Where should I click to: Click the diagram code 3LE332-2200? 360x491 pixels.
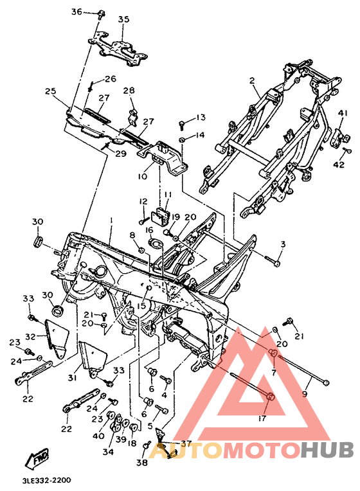coord(47,480)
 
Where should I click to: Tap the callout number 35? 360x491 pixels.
coord(123,19)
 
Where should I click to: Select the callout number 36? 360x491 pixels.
coord(76,12)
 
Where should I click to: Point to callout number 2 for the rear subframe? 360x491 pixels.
coord(252,81)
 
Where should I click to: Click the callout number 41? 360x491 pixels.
coord(343,113)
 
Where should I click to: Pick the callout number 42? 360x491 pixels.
coord(339,165)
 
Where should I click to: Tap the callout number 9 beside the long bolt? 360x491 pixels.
coord(305,394)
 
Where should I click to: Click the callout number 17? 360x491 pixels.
coord(262,418)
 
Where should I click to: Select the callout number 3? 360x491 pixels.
coord(283,244)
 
